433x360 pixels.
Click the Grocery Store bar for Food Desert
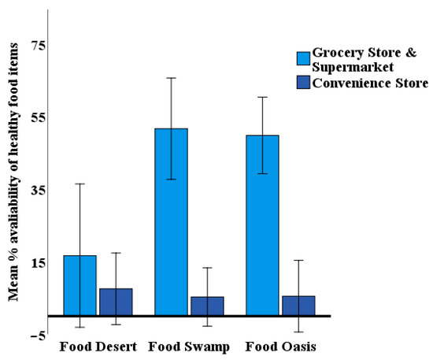tap(80, 285)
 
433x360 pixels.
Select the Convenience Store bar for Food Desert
tap(116, 302)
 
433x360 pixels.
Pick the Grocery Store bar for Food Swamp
tap(171, 221)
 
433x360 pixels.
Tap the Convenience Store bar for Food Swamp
tap(207, 306)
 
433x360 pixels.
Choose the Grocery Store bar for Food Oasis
tap(262, 225)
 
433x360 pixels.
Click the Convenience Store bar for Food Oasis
tap(298, 306)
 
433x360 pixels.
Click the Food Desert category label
tap(98, 347)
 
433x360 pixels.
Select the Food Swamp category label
tap(189, 347)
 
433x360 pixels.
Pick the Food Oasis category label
tap(281, 347)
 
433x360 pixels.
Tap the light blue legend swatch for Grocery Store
tap(303, 58)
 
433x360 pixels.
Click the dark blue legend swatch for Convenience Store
tap(303, 82)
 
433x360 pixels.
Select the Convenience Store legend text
tap(370, 82)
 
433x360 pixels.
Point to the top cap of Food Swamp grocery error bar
tap(171, 78)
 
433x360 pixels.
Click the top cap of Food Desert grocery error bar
tap(80, 184)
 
